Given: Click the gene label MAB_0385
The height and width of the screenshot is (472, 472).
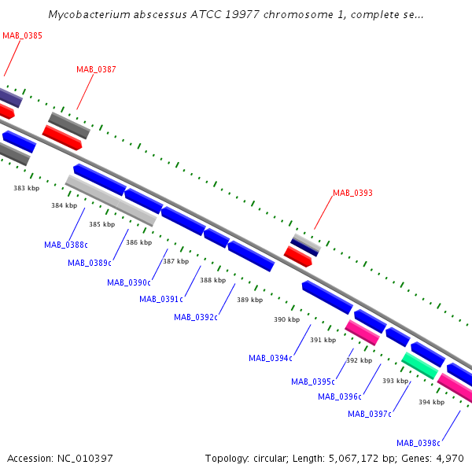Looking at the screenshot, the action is pos(22,35).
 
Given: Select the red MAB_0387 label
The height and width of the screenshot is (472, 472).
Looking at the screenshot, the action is pos(96,69).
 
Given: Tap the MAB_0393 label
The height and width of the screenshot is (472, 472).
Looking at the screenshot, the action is pos(352,193).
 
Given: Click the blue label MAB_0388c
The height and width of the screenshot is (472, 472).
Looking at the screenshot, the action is pos(66,245).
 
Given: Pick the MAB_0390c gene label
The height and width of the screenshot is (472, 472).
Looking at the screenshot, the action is pos(129,282).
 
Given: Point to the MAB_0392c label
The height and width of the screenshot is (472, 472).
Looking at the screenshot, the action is pos(196,317).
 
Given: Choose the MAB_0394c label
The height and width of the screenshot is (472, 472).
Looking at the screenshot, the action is pos(271,358).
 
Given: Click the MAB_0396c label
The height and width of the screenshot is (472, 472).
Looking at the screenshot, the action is pos(340,396).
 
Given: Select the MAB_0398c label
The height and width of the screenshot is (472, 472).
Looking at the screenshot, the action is pos(419,443).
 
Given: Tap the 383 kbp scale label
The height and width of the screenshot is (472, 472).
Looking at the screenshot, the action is pos(27,188).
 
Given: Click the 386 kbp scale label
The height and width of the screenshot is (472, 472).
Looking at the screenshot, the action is pos(138,242).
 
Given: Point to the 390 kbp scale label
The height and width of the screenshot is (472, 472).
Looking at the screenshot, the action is pos(286,319).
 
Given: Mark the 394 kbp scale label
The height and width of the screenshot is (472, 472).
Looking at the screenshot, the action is pos(431,402).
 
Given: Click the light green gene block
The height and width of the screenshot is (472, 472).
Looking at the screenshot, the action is pos(419,366).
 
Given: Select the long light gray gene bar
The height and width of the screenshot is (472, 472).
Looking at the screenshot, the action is pos(111,200).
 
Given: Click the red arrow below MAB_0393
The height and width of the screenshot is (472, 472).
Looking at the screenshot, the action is pos(298,256).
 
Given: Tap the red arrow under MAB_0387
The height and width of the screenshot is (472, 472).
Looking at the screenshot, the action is pos(62,138).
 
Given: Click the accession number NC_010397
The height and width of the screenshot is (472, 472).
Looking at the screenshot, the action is pos(85,459).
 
